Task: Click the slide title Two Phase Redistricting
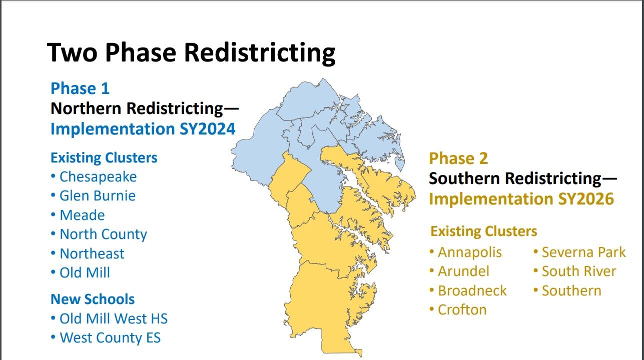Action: click(x=191, y=52)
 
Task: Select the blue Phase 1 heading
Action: click(x=80, y=88)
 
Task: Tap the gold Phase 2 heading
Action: click(x=458, y=158)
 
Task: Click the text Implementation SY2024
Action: click(x=143, y=129)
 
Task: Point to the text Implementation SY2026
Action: click(x=521, y=199)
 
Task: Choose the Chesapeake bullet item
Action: click(x=98, y=176)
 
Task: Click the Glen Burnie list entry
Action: click(x=97, y=195)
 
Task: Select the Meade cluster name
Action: click(x=82, y=215)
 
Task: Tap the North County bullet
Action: click(x=103, y=234)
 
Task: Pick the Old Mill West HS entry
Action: click(x=113, y=318)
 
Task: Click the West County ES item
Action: click(x=110, y=337)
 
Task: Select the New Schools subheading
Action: click(x=93, y=299)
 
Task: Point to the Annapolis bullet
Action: click(x=469, y=252)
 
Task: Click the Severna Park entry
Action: click(x=583, y=252)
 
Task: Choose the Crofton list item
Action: click(x=462, y=309)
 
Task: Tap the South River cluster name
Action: click(x=578, y=271)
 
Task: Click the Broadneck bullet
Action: click(x=472, y=290)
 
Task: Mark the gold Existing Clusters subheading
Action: click(x=484, y=231)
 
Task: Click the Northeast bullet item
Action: click(x=92, y=253)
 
